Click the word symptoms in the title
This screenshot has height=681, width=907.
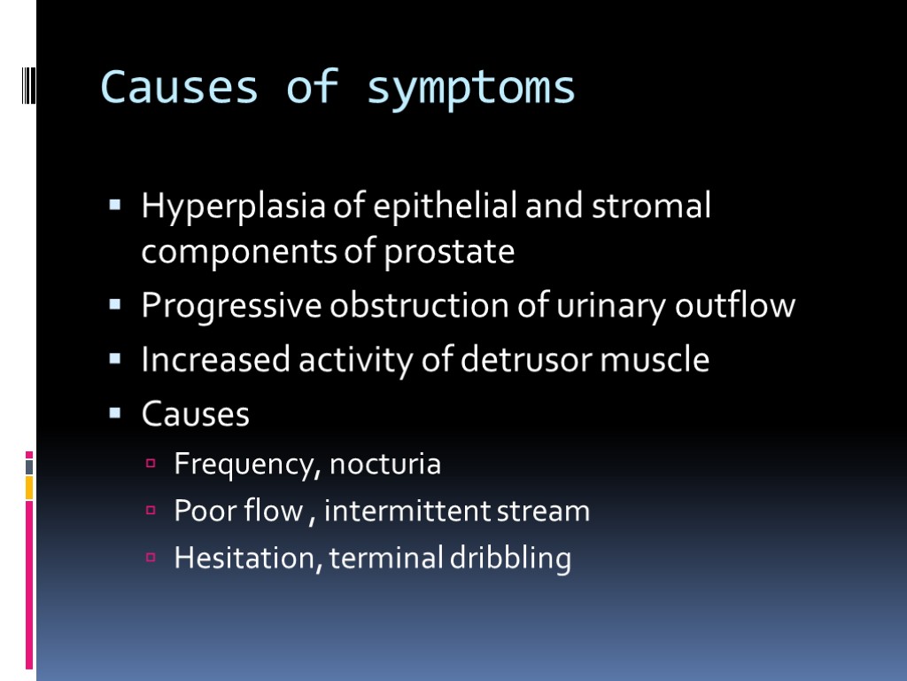[x=471, y=89]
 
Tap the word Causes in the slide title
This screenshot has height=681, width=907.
[x=180, y=87]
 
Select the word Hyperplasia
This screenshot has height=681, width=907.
[x=235, y=207]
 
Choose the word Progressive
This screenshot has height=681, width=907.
[x=232, y=307]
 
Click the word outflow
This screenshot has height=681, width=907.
[x=735, y=307]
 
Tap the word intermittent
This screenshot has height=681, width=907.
[x=414, y=511]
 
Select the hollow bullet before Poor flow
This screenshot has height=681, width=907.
[x=151, y=511]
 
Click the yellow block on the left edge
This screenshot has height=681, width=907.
[x=29, y=487]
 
